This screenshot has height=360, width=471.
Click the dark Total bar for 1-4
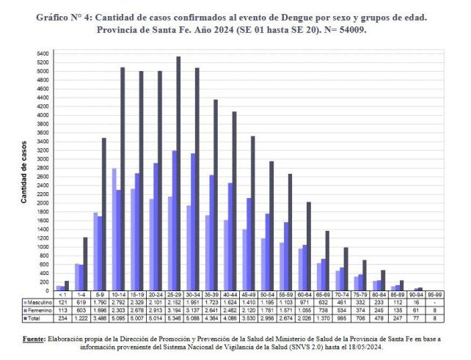(85, 264)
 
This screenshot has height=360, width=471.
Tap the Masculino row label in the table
(38, 302)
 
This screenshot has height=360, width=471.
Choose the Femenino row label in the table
(38, 310)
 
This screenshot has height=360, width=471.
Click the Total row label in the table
(34, 318)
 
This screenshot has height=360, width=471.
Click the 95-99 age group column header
(435, 295)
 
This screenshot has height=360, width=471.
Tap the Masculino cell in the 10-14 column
(117, 302)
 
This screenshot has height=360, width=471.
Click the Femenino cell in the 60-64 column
(304, 310)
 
